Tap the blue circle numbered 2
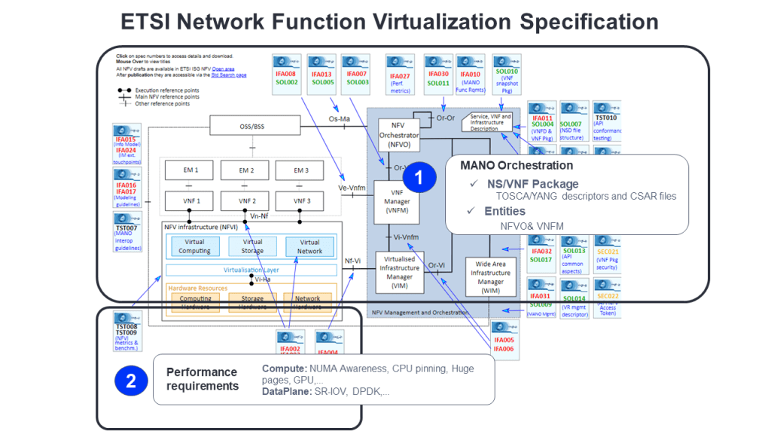tap(131, 381)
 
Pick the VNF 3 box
tap(301, 201)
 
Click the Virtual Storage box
tap(252, 246)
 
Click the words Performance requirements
tap(202, 379)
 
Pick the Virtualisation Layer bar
tap(252, 269)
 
